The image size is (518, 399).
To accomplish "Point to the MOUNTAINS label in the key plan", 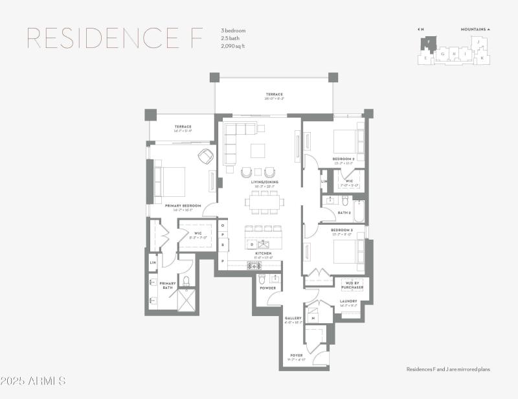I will [475, 29].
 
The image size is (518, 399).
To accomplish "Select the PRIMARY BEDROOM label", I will [183, 206].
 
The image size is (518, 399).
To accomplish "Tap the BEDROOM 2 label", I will [343, 159].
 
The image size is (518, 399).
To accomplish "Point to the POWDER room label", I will [268, 288].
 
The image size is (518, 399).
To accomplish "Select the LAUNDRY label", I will [350, 301].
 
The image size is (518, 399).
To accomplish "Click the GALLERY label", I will [293, 318].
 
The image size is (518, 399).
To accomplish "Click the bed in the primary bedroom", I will [170, 181].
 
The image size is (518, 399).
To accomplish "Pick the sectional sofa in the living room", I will [234, 142].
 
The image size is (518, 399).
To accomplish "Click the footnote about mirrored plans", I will [448, 369].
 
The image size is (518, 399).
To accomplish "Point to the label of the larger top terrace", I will [274, 95].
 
